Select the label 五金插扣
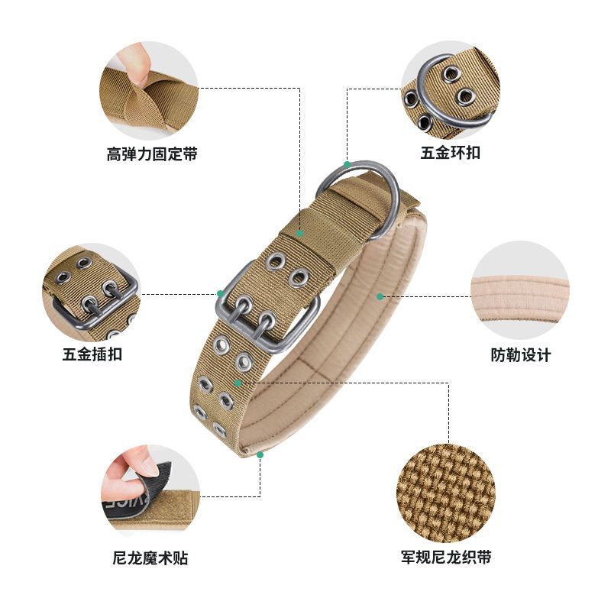pos(92,354)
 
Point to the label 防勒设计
pos(520,355)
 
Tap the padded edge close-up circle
pos(520,289)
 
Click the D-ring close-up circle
pos(451,89)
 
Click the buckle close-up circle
pos(92,291)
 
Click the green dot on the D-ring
pos(347,163)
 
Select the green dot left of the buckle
pos(220,293)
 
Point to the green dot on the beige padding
pos(379,295)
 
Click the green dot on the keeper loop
pos(300,232)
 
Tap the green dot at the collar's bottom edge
pos(260,454)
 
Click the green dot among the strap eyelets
pos(239,381)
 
